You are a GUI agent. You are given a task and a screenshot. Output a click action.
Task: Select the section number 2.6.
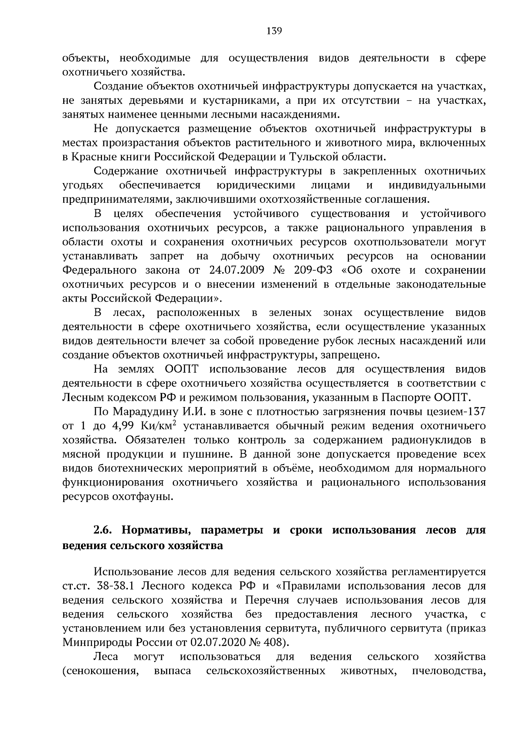104,531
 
